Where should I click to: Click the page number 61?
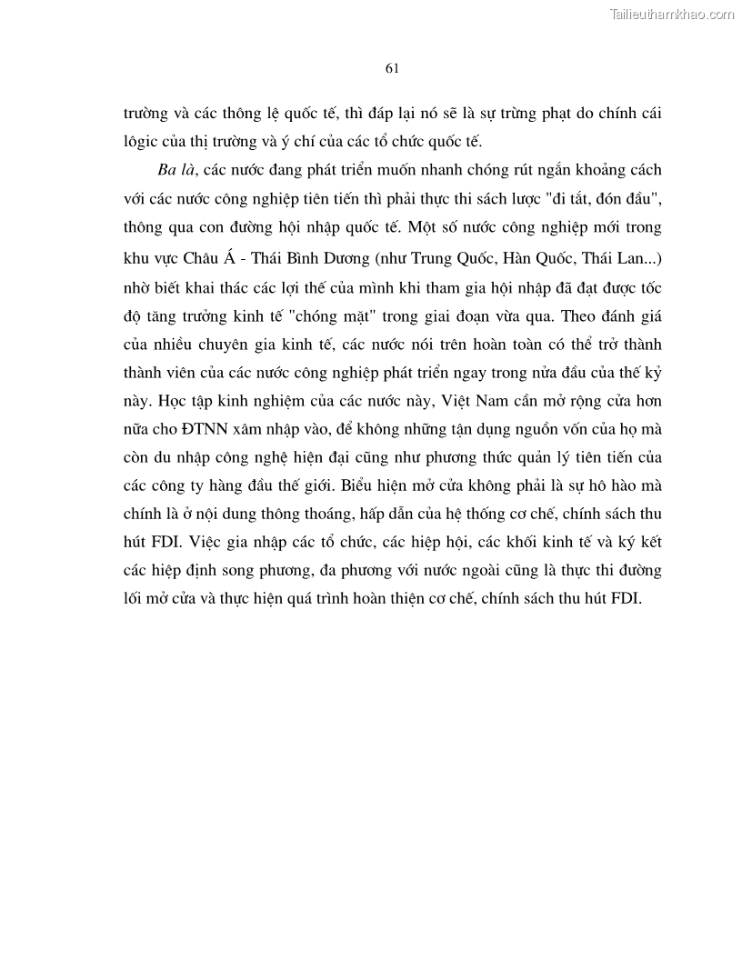[392, 68]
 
